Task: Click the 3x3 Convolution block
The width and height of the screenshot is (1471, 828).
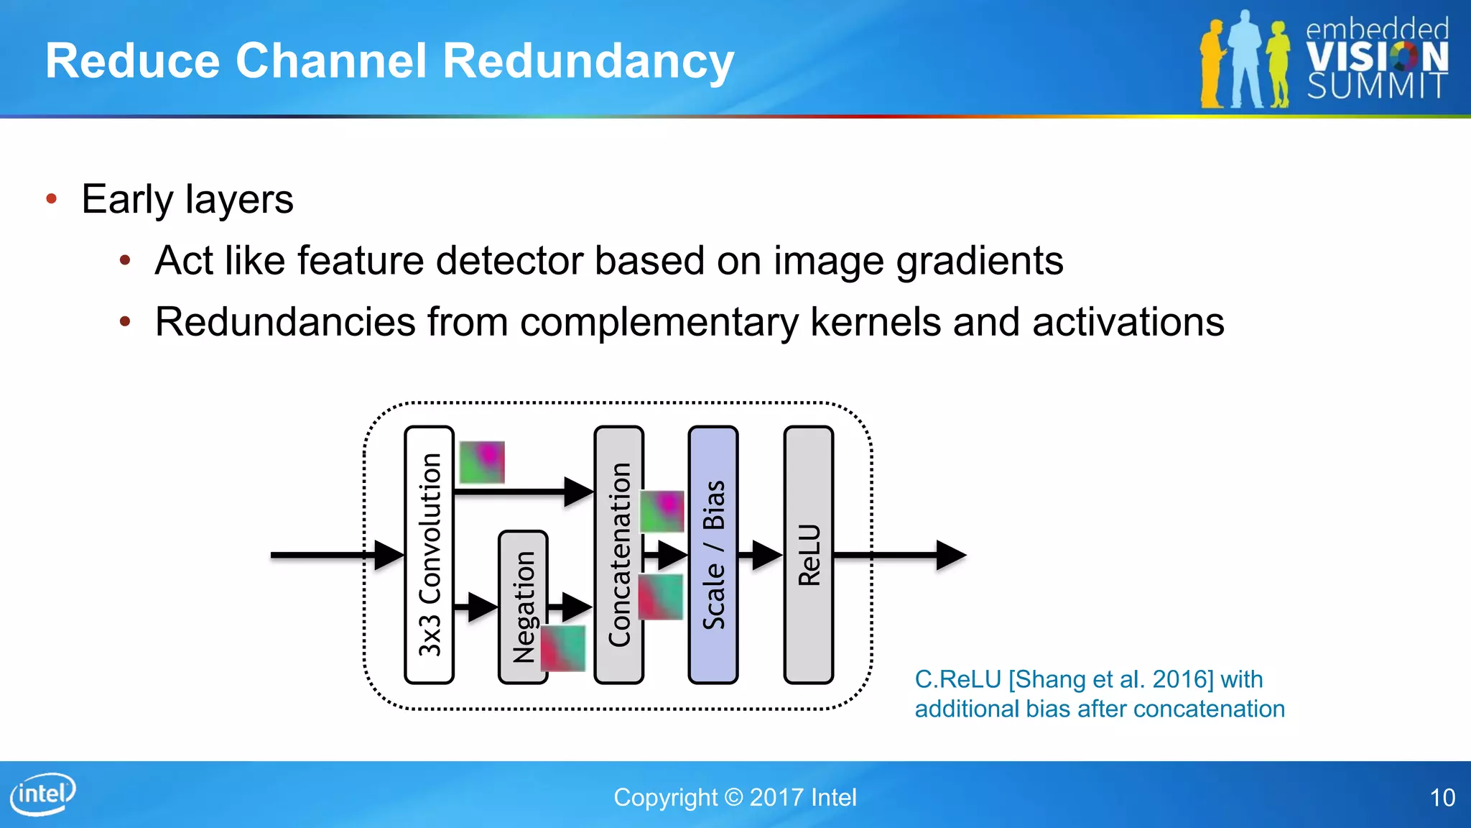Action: (x=429, y=554)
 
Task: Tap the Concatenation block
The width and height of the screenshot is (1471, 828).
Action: (x=618, y=554)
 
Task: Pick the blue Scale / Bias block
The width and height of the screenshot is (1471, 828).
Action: (x=713, y=554)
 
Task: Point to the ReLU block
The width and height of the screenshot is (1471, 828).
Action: (x=808, y=554)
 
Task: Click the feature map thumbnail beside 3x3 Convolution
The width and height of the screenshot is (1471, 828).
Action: (x=481, y=462)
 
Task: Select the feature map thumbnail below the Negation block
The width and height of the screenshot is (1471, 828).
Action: (x=562, y=648)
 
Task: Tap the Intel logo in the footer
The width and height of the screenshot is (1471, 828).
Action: (x=43, y=793)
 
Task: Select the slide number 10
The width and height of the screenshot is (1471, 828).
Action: (x=1442, y=798)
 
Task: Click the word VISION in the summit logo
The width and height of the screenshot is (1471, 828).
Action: (x=1376, y=57)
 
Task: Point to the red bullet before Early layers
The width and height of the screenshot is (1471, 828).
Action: (x=51, y=199)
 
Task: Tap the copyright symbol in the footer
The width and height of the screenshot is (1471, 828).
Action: (x=733, y=797)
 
